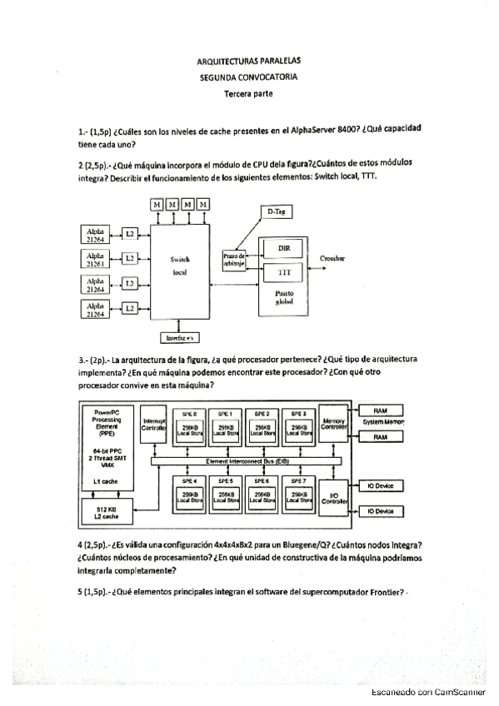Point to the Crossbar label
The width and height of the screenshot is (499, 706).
coord(332,259)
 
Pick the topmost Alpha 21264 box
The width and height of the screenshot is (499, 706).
coord(95,233)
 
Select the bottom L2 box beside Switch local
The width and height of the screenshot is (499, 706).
coord(130,309)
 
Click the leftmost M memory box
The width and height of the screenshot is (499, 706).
coord(157,205)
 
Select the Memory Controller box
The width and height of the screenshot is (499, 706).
coord(333,425)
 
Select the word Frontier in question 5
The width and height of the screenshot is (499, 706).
coord(385,592)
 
